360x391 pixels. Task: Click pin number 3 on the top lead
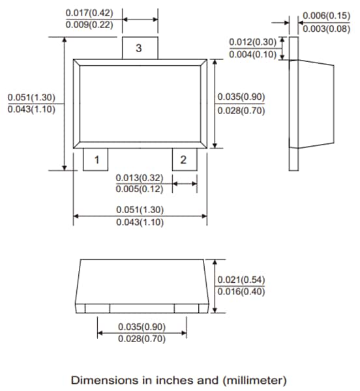click(x=139, y=48)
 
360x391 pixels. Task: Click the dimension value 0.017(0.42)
click(x=89, y=13)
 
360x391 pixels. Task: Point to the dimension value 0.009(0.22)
click(x=89, y=25)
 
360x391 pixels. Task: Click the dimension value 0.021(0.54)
click(x=241, y=280)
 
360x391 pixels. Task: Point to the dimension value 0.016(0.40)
click(x=241, y=292)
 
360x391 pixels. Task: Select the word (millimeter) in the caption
click(x=251, y=379)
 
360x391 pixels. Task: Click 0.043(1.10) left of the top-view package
click(x=31, y=109)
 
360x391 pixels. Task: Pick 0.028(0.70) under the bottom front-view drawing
click(x=142, y=339)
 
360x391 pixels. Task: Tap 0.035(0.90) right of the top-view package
click(x=241, y=98)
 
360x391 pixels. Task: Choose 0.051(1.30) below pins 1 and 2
click(x=140, y=210)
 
